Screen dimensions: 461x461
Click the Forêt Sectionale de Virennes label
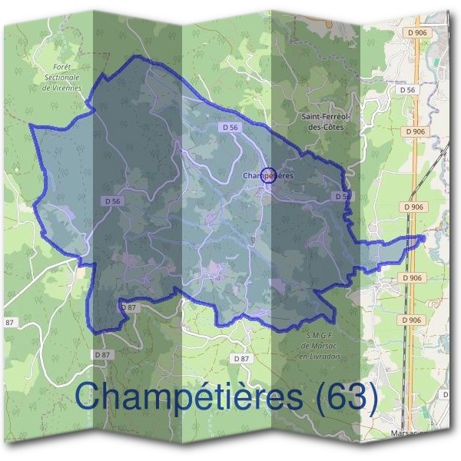63,78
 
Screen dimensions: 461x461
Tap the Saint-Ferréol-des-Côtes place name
320,122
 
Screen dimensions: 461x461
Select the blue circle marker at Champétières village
267,176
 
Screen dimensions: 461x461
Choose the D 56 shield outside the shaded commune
408,91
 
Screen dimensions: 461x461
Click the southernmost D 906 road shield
412,320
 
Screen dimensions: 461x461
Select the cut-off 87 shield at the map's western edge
9,321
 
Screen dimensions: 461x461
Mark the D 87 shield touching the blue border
128,307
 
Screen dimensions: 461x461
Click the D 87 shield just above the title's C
103,355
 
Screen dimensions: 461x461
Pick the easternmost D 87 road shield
241,359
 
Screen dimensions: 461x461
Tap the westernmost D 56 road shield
112,201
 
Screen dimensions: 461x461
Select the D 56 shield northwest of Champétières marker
228,127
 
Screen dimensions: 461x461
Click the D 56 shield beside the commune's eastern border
343,197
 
